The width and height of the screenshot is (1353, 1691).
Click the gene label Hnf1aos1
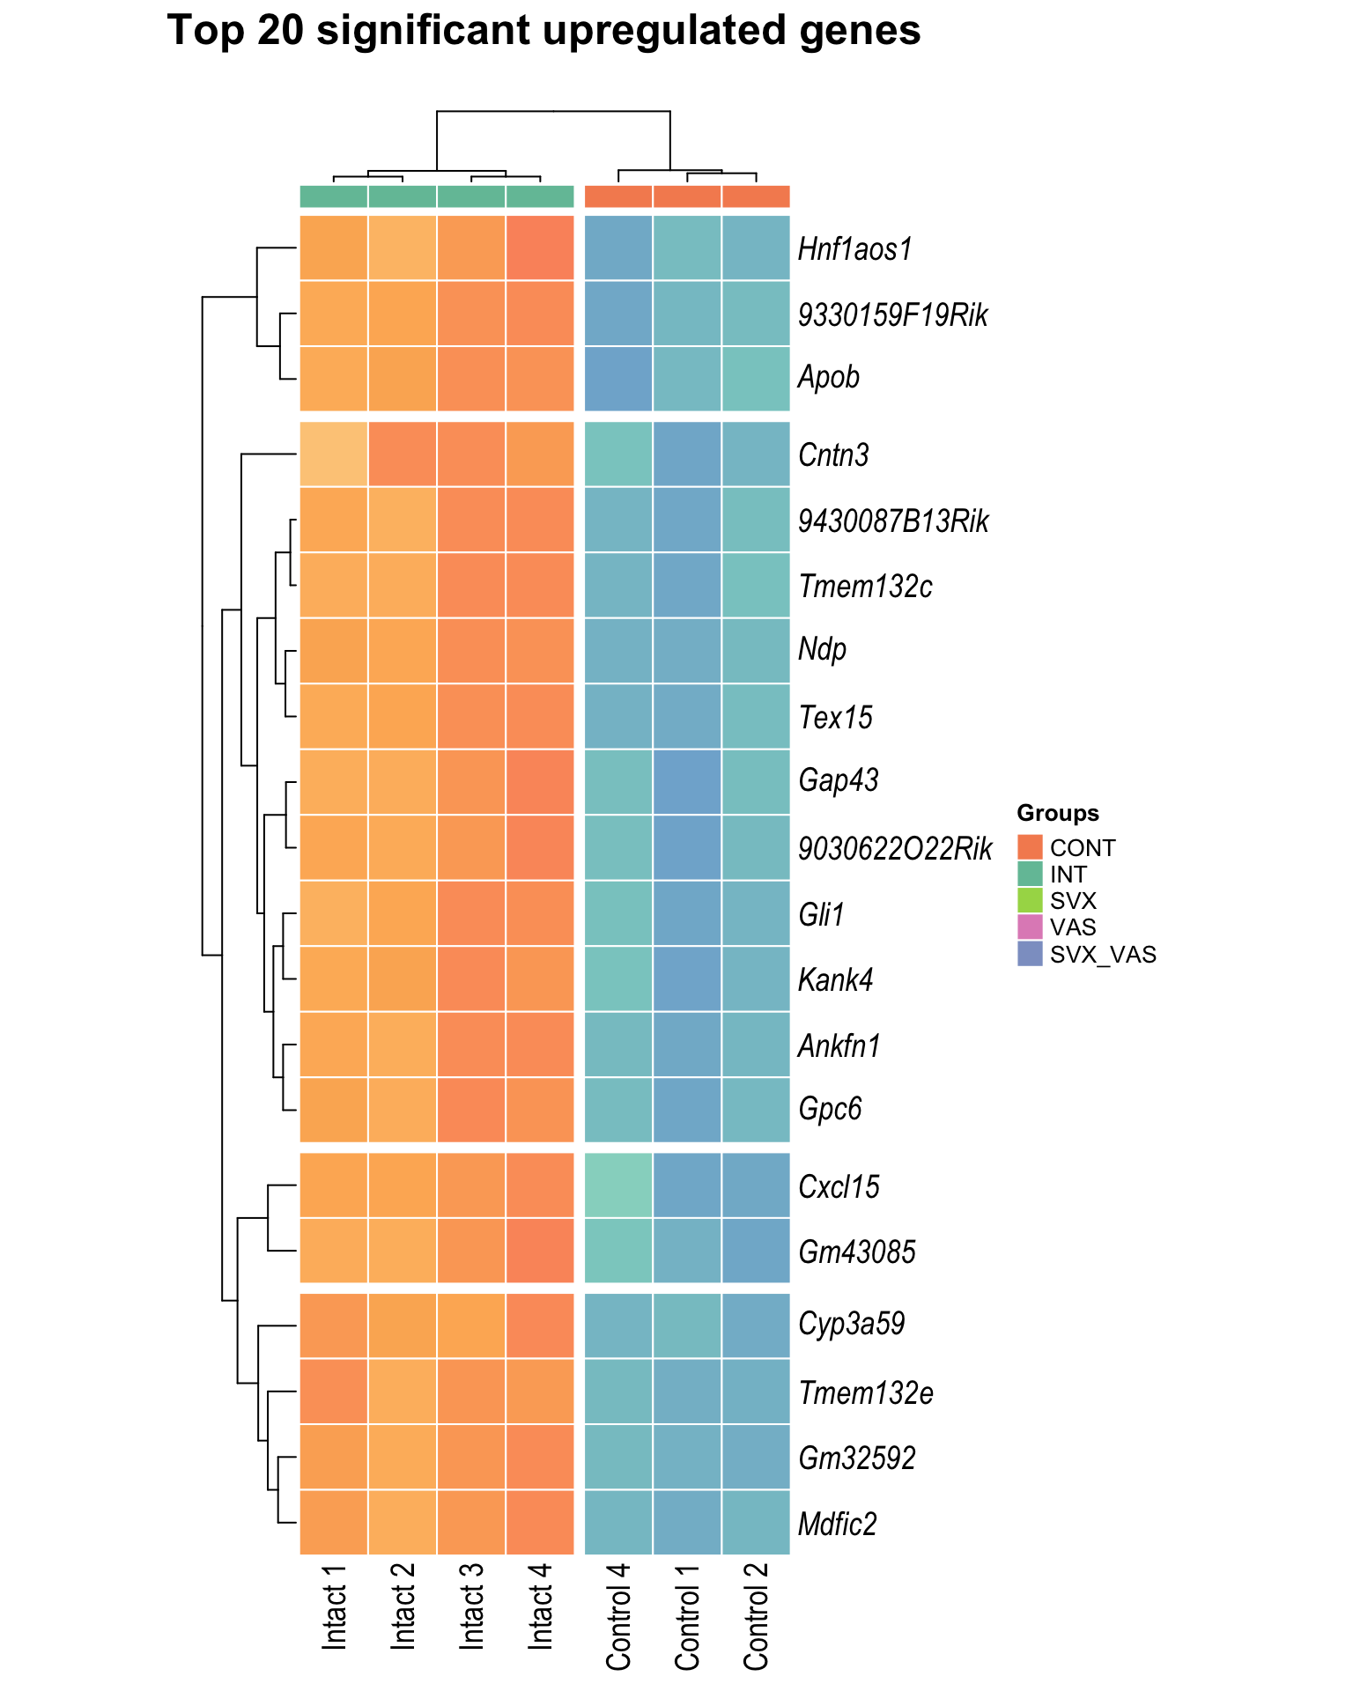[x=854, y=249]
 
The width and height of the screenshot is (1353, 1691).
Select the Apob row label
[x=828, y=378]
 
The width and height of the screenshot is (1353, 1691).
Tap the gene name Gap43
[x=838, y=780]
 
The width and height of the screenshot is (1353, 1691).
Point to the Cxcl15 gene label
[x=838, y=1186]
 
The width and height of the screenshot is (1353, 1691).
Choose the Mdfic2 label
[x=837, y=1524]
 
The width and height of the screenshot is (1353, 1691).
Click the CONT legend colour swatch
[x=1030, y=847]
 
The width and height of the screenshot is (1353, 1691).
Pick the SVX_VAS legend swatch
[x=1030, y=954]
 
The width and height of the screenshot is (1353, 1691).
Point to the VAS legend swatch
[x=1030, y=927]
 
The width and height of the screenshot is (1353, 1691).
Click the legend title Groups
[x=1057, y=813]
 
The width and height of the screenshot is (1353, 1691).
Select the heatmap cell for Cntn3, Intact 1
[x=334, y=454]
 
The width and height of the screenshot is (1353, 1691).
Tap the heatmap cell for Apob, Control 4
[x=618, y=378]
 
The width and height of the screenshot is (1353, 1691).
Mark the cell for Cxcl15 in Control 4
[x=618, y=1185]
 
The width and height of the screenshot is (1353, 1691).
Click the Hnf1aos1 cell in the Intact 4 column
[x=540, y=248]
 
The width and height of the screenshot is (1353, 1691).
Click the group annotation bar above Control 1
[x=687, y=196]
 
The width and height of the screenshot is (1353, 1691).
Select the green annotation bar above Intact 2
[x=403, y=196]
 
